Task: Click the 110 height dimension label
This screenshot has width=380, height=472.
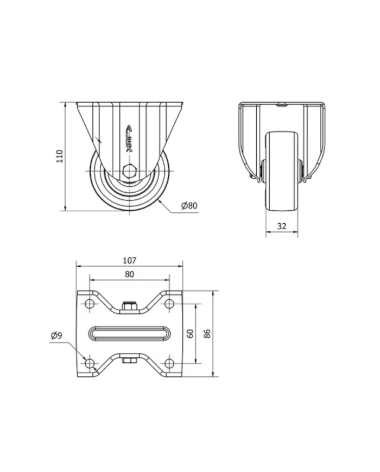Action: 60,156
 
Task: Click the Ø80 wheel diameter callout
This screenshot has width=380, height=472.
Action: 189,206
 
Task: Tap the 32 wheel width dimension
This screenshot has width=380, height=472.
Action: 282,226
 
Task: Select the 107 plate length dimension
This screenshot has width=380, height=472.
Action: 130,260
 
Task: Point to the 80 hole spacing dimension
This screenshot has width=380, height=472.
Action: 129,274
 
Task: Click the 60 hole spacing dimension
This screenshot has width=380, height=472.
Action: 190,333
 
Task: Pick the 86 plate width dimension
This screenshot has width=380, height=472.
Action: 207,333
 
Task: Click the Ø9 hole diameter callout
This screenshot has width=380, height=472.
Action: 56,335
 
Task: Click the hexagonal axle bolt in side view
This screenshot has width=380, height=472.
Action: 130,171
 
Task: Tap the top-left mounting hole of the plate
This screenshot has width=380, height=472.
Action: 90,304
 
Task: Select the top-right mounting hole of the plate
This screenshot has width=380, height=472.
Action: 169,304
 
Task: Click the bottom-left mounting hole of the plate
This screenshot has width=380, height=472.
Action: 90,363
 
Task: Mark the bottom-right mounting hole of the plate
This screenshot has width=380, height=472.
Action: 169,363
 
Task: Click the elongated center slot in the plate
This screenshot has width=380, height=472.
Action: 130,333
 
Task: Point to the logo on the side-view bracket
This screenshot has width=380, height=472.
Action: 129,139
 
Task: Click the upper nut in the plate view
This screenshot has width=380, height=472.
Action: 130,306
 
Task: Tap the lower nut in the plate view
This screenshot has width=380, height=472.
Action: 130,360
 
